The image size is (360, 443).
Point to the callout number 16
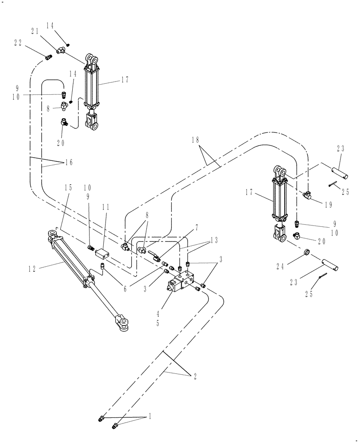click(68, 163)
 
